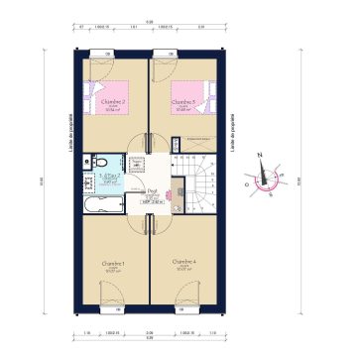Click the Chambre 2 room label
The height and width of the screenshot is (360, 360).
point(112,101)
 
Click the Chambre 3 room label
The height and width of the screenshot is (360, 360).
point(182,101)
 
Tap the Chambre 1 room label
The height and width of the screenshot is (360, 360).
point(112,263)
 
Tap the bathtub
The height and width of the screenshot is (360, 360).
point(102,207)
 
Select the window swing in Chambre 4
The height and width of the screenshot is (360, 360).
point(185,302)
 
